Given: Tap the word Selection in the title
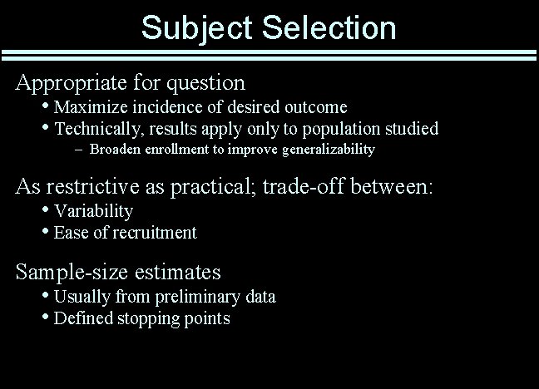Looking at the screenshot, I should (x=329, y=27).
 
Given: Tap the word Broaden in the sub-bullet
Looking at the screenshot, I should (x=116, y=150).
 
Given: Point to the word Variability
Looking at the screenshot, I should (x=93, y=211).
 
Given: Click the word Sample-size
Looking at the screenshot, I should (x=68, y=272).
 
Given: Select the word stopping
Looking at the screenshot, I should (x=146, y=318).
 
